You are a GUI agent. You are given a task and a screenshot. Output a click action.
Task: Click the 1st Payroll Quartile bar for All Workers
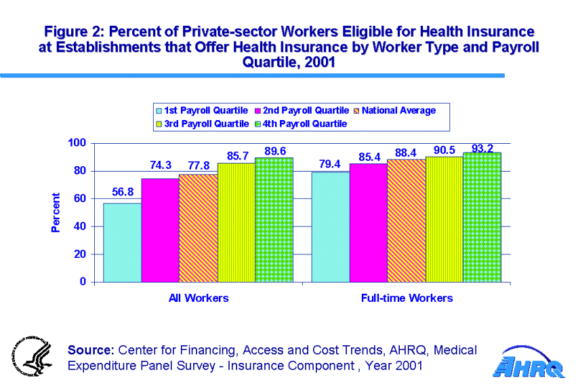point(122,242)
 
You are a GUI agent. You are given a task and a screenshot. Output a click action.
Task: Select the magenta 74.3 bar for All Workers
point(160,230)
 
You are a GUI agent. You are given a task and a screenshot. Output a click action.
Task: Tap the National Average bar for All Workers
point(198,228)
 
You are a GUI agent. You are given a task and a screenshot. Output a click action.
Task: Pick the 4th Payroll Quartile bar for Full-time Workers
point(482,217)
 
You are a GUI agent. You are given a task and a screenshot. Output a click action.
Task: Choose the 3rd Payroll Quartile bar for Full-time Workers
point(444,219)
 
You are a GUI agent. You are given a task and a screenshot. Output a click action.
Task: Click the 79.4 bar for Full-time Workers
point(330,227)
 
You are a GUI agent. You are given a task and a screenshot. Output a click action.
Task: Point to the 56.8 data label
point(123,192)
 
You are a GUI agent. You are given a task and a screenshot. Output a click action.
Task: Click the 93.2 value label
point(482,148)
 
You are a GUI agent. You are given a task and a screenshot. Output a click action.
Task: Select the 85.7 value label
point(237,155)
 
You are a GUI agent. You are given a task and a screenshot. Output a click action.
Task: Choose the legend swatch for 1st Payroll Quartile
point(159,110)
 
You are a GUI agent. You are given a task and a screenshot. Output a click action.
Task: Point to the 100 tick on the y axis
point(77,143)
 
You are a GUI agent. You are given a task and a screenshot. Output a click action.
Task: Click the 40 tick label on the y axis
point(80,227)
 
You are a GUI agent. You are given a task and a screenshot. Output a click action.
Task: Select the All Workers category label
point(199,298)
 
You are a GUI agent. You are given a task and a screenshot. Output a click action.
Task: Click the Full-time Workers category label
point(407,298)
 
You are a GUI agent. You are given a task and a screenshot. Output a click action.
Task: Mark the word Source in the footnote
point(90,350)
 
